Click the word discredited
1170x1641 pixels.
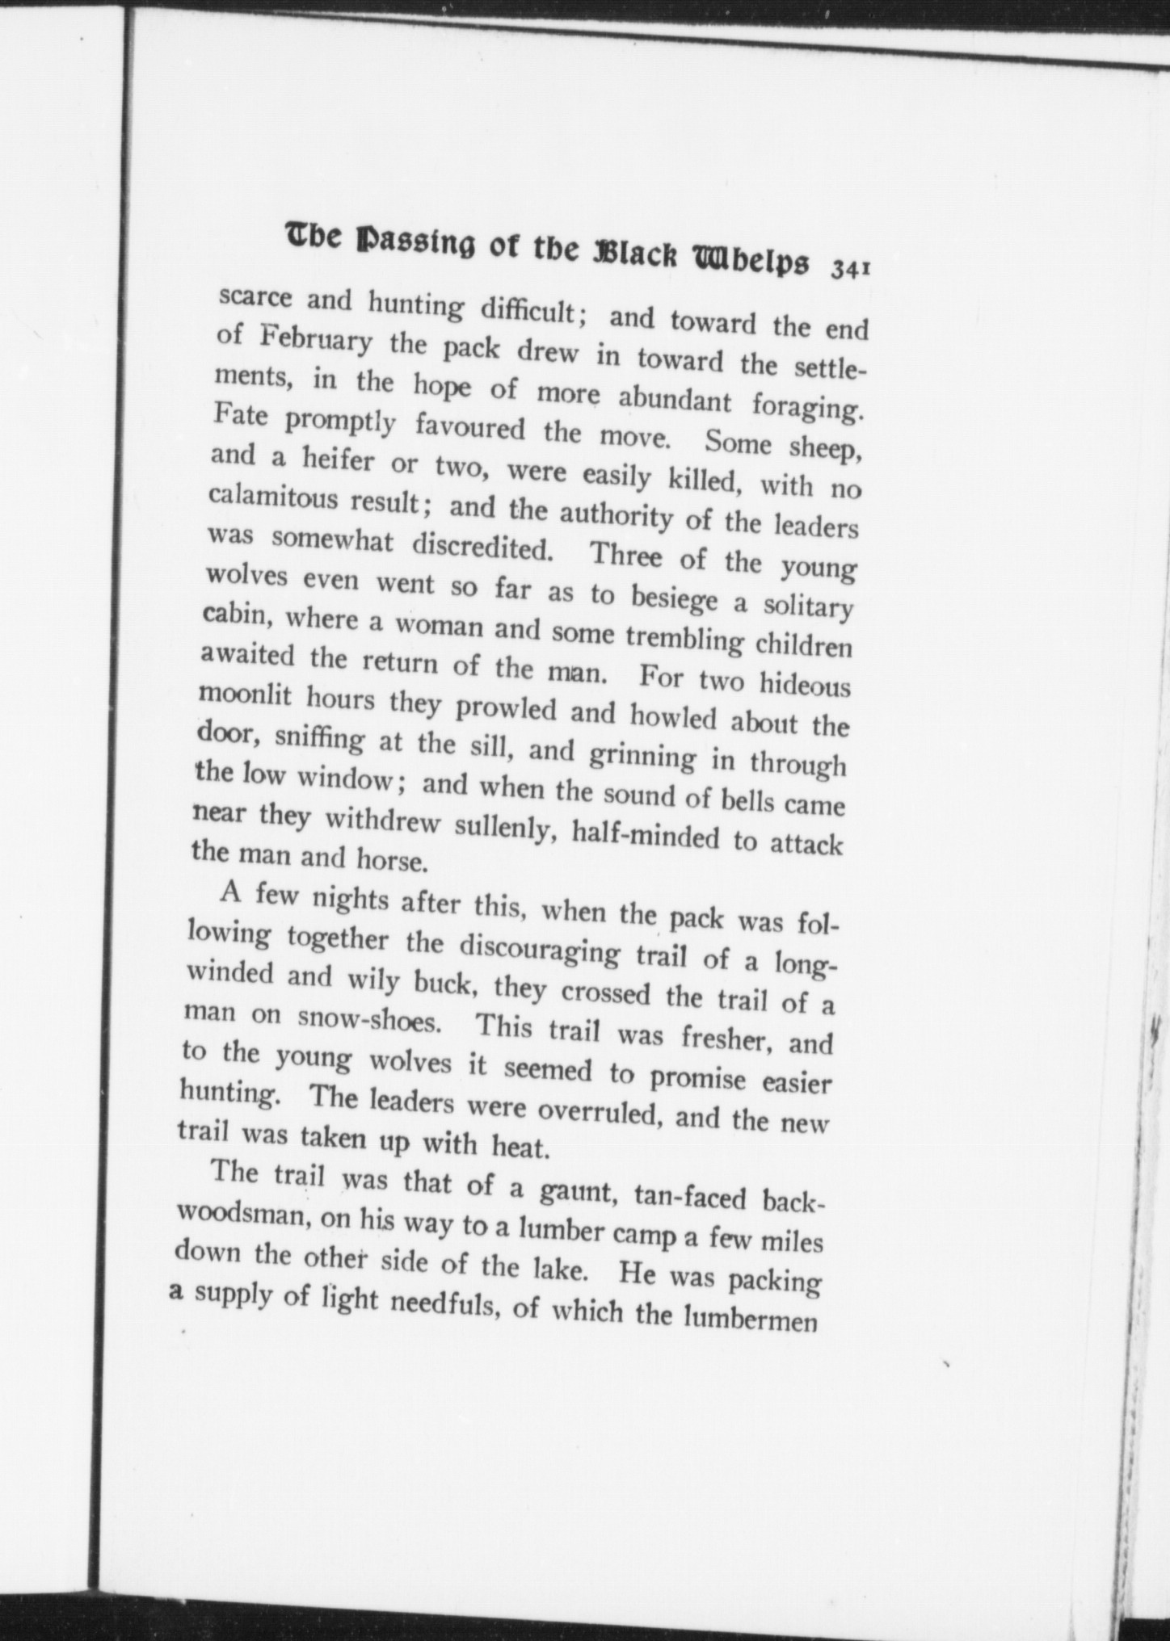pyautogui.click(x=482, y=548)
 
